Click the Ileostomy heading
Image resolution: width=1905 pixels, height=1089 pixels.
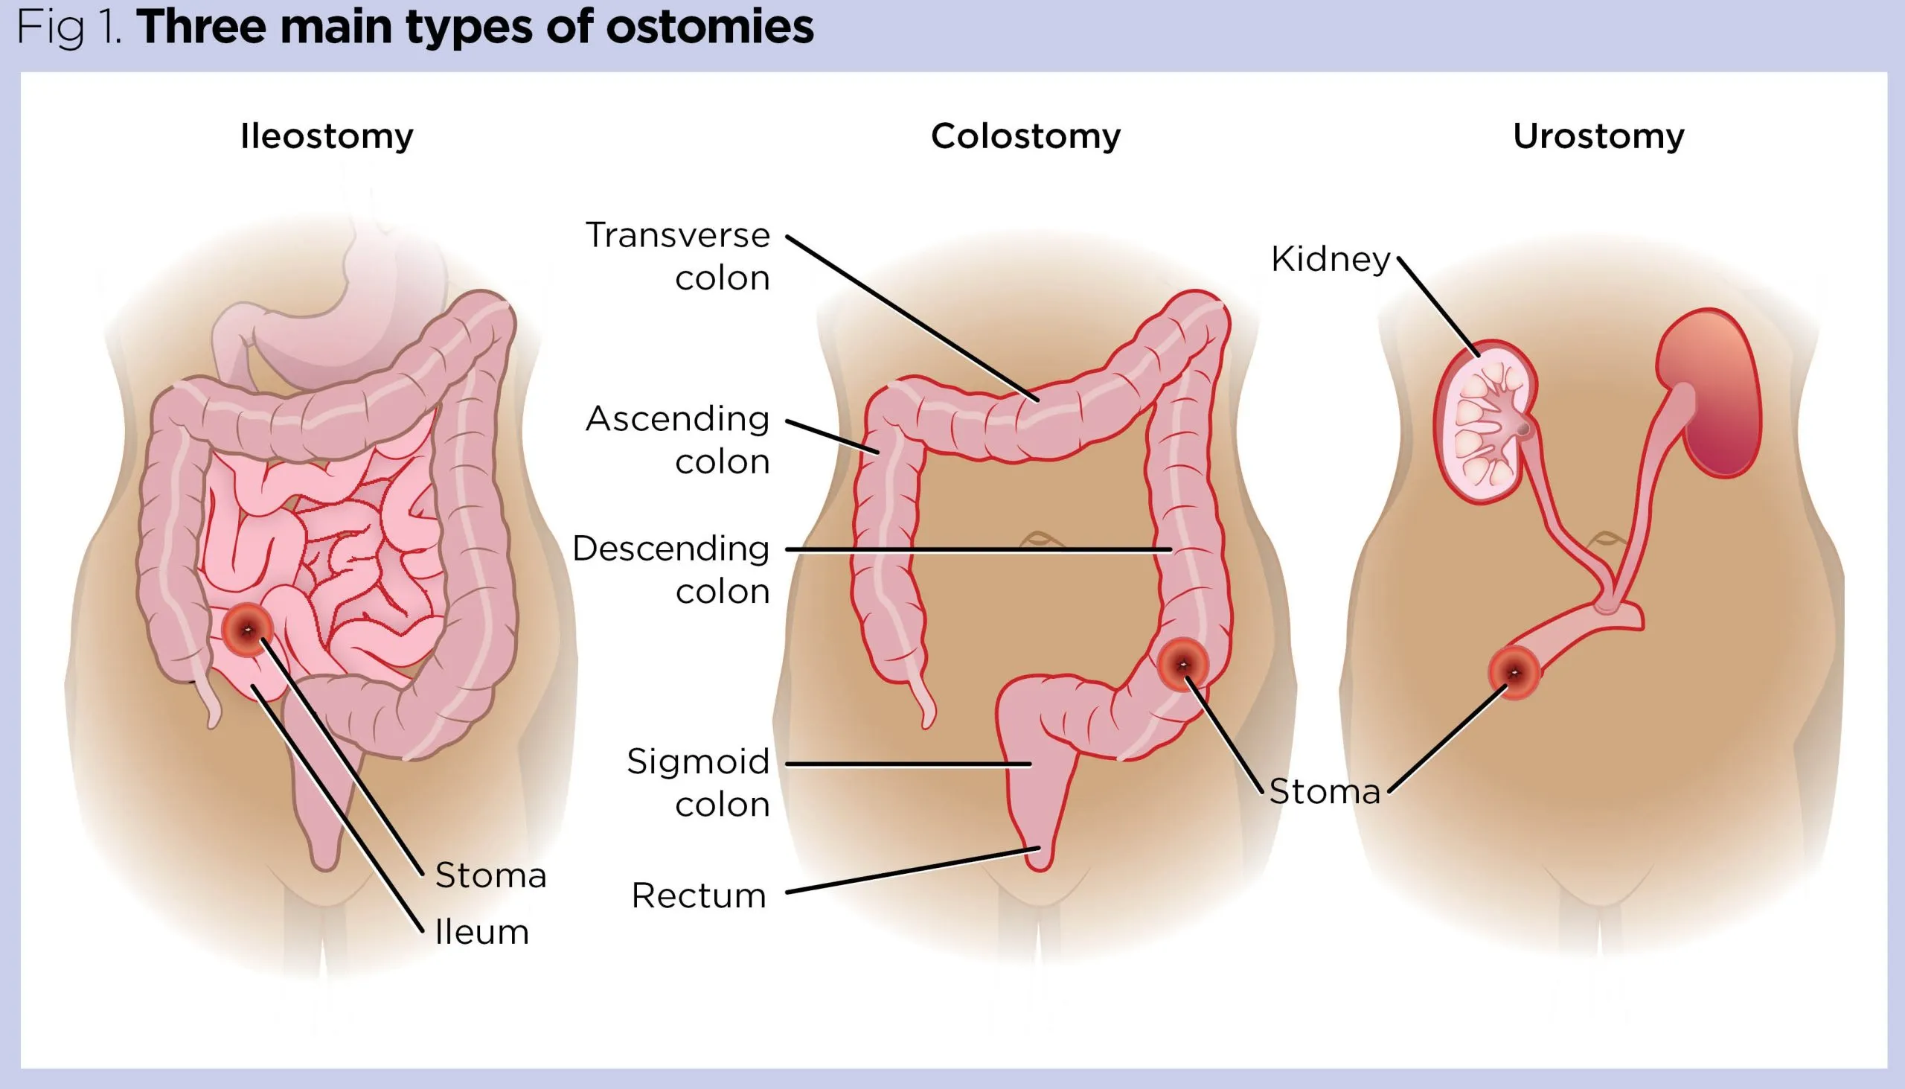[x=327, y=137]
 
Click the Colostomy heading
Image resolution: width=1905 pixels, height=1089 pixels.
[x=1025, y=137]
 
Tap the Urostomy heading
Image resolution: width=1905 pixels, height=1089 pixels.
[x=1598, y=137]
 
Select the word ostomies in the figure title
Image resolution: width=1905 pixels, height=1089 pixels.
[x=708, y=28]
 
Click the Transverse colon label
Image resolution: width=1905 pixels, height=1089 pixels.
[x=678, y=257]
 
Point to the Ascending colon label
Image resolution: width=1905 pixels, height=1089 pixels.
[x=678, y=440]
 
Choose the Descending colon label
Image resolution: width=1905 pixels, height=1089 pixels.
[x=671, y=570]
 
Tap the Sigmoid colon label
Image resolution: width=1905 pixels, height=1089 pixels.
[x=698, y=783]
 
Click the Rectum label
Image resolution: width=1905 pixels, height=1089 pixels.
[x=699, y=895]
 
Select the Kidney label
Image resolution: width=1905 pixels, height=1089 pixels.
[x=1330, y=260]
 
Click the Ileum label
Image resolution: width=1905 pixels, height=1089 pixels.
[x=481, y=933]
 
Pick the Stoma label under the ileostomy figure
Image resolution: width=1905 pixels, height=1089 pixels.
[x=490, y=876]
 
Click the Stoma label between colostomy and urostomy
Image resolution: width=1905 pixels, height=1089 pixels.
[x=1324, y=792]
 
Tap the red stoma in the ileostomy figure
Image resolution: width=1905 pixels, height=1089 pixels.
[x=247, y=630]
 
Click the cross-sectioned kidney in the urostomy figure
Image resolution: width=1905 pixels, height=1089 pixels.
[x=1484, y=423]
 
